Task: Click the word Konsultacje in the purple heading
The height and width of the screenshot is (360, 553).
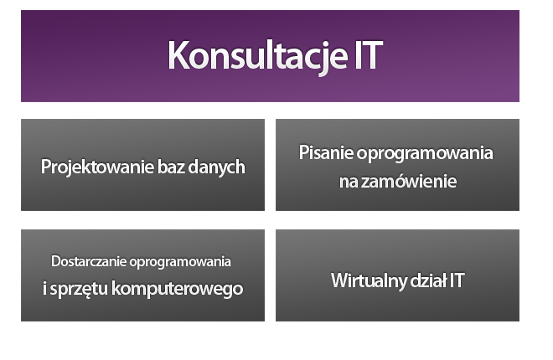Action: tap(258, 56)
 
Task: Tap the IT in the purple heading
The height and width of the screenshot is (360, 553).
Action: tap(369, 55)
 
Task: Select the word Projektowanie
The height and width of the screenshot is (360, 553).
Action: tap(97, 167)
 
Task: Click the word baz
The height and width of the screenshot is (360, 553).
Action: tap(171, 167)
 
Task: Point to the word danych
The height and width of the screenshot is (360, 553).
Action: tap(216, 167)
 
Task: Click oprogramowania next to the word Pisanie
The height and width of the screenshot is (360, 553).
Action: tap(425, 154)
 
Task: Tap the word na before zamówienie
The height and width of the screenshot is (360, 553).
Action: tap(349, 183)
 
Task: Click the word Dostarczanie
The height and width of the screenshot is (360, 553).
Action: tap(89, 261)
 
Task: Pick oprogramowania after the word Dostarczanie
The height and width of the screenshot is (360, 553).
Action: tap(180, 262)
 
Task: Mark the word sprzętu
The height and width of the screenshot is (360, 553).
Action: tap(79, 289)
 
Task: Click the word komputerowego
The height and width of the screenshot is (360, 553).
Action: tap(177, 289)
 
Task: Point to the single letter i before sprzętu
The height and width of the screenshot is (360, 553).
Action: tap(44, 288)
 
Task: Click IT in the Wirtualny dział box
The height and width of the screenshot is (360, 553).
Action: tap(457, 280)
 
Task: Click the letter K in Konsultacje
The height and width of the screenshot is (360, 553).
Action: tap(178, 55)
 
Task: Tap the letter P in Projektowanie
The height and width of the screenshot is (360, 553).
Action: tap(45, 167)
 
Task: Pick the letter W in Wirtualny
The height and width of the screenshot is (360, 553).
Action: tap(341, 280)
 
